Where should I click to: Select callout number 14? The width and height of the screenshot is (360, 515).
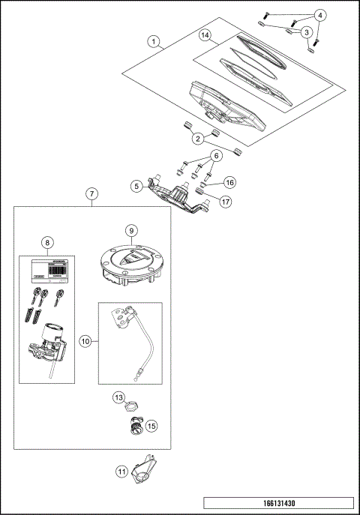point(205,35)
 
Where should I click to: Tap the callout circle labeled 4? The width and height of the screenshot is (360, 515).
point(320,15)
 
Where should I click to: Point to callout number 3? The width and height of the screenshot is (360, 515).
point(306,32)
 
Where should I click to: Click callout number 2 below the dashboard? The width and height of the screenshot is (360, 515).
point(197,138)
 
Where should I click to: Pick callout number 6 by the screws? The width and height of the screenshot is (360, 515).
point(215,156)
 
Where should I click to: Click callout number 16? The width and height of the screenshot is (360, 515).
point(229,181)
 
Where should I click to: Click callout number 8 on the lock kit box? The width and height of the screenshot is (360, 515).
point(47,242)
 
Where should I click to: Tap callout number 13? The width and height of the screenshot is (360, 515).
point(118,397)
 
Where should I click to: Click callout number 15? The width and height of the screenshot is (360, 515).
point(151,426)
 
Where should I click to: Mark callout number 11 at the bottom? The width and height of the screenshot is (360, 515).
point(121,472)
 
